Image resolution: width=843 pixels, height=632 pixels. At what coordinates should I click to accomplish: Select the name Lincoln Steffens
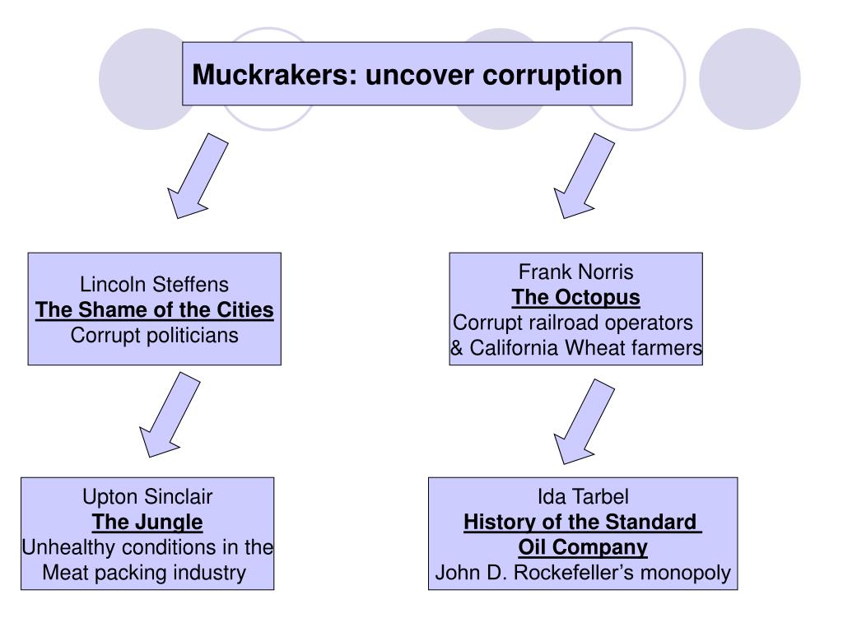[x=154, y=285]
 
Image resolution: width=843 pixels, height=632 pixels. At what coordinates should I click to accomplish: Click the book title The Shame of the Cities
[x=154, y=310]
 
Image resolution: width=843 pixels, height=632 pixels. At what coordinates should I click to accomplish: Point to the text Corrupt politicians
[x=154, y=336]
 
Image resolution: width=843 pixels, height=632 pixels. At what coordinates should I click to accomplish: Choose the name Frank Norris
[x=575, y=272]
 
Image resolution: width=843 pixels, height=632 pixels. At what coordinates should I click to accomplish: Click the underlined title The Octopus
[x=575, y=297]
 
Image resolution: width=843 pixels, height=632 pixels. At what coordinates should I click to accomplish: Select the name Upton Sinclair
[x=147, y=496]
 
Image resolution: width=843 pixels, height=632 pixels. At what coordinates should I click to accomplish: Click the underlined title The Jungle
[x=147, y=522]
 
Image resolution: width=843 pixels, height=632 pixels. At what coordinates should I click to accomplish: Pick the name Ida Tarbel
[x=582, y=496]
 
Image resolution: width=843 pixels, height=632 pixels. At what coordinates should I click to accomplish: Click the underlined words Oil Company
[x=582, y=547]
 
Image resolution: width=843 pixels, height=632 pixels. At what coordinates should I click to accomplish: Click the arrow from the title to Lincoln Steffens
[x=196, y=176]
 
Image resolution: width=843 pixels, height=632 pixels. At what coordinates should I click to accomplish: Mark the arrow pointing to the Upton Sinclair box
[x=169, y=414]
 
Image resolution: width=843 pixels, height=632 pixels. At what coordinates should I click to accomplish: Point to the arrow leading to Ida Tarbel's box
[x=583, y=420]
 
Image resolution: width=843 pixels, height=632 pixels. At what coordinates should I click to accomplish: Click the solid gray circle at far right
[x=749, y=79]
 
